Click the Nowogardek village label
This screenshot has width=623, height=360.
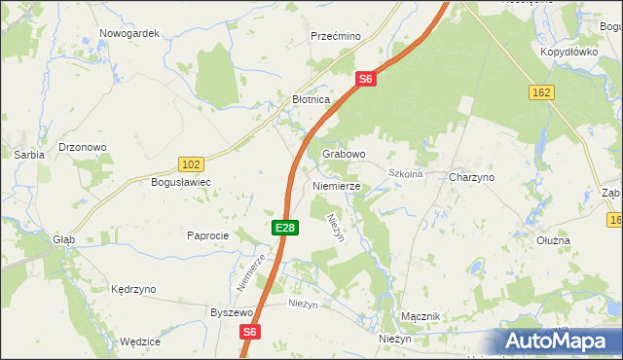point(128,32)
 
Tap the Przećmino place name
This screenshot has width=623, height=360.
point(335,36)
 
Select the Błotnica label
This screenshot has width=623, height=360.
point(312,99)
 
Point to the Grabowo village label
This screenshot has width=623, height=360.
point(344,154)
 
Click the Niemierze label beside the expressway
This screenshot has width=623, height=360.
point(337,185)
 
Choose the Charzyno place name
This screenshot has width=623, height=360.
point(472,178)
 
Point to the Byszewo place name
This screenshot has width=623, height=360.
point(232,312)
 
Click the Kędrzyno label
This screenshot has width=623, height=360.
point(133,289)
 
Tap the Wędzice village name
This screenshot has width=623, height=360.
point(139,342)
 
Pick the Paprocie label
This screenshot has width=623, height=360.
point(207,235)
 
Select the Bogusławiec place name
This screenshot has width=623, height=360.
point(181,182)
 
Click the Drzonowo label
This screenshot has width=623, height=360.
point(83,147)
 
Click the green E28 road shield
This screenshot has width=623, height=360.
point(284,227)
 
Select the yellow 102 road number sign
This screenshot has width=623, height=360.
point(192,164)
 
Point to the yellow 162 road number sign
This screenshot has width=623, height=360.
point(542,91)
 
